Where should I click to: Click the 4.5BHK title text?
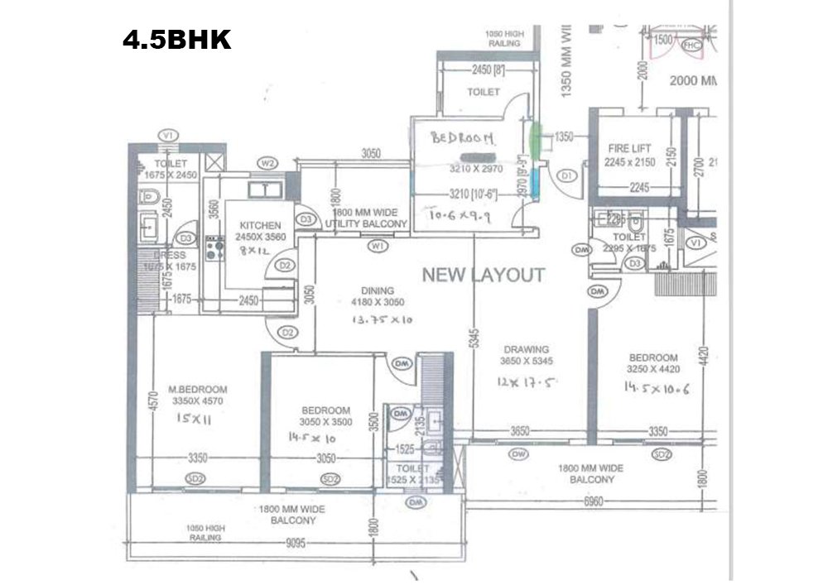click(177, 40)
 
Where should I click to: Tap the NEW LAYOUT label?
click(484, 275)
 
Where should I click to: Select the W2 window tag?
click(267, 162)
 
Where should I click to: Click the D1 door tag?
click(567, 175)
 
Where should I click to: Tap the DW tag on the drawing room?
click(518, 453)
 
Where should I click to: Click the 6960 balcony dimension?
click(595, 501)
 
